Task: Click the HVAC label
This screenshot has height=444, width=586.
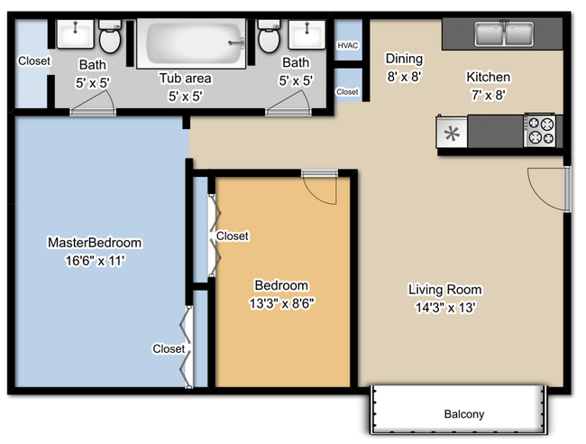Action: click(347, 45)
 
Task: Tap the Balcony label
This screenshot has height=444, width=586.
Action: click(464, 414)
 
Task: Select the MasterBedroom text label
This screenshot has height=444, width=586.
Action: click(95, 243)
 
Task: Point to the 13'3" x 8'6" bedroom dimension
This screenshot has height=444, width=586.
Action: click(282, 302)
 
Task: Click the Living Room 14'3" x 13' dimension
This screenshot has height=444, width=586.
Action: click(442, 307)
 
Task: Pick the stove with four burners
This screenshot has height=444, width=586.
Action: click(540, 132)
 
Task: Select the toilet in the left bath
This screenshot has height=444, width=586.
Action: click(110, 40)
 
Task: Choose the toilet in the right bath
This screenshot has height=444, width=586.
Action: click(268, 39)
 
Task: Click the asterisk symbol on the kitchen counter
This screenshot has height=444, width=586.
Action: click(452, 134)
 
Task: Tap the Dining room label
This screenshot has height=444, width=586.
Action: click(404, 60)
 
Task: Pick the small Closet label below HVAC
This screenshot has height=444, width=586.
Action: click(347, 92)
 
